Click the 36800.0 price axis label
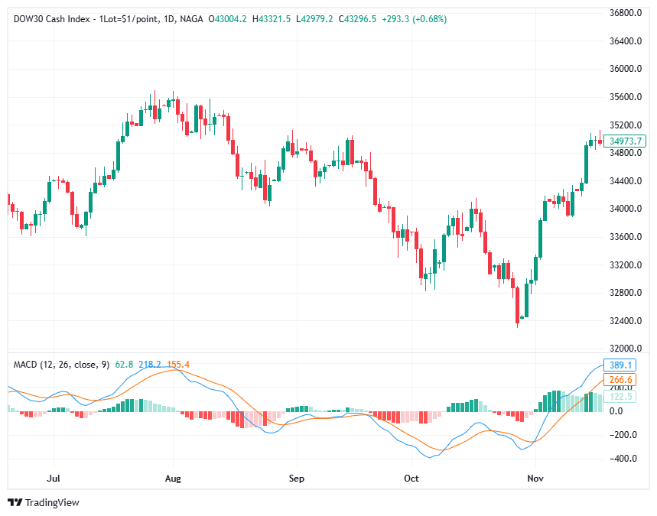[x=624, y=13]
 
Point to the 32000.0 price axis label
[x=624, y=349]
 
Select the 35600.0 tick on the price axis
[x=624, y=97]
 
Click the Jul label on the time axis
[x=54, y=479]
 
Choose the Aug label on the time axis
[x=173, y=479]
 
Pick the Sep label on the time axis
[x=297, y=479]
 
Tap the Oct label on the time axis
[x=411, y=479]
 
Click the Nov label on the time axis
[x=535, y=479]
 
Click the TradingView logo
[x=44, y=502]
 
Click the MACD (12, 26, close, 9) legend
[x=61, y=365]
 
